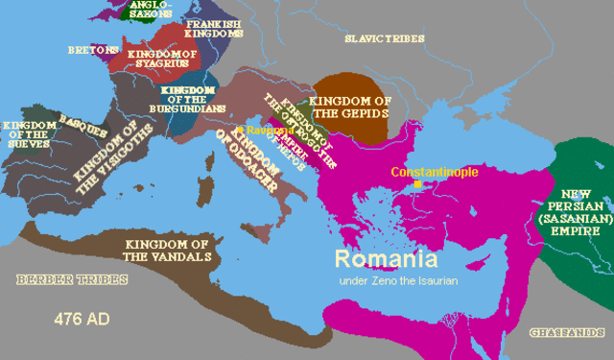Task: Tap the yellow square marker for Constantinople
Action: click(x=415, y=187)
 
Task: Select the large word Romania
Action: click(x=386, y=258)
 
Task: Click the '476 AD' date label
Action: click(x=79, y=318)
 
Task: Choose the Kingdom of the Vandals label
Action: click(x=170, y=250)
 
